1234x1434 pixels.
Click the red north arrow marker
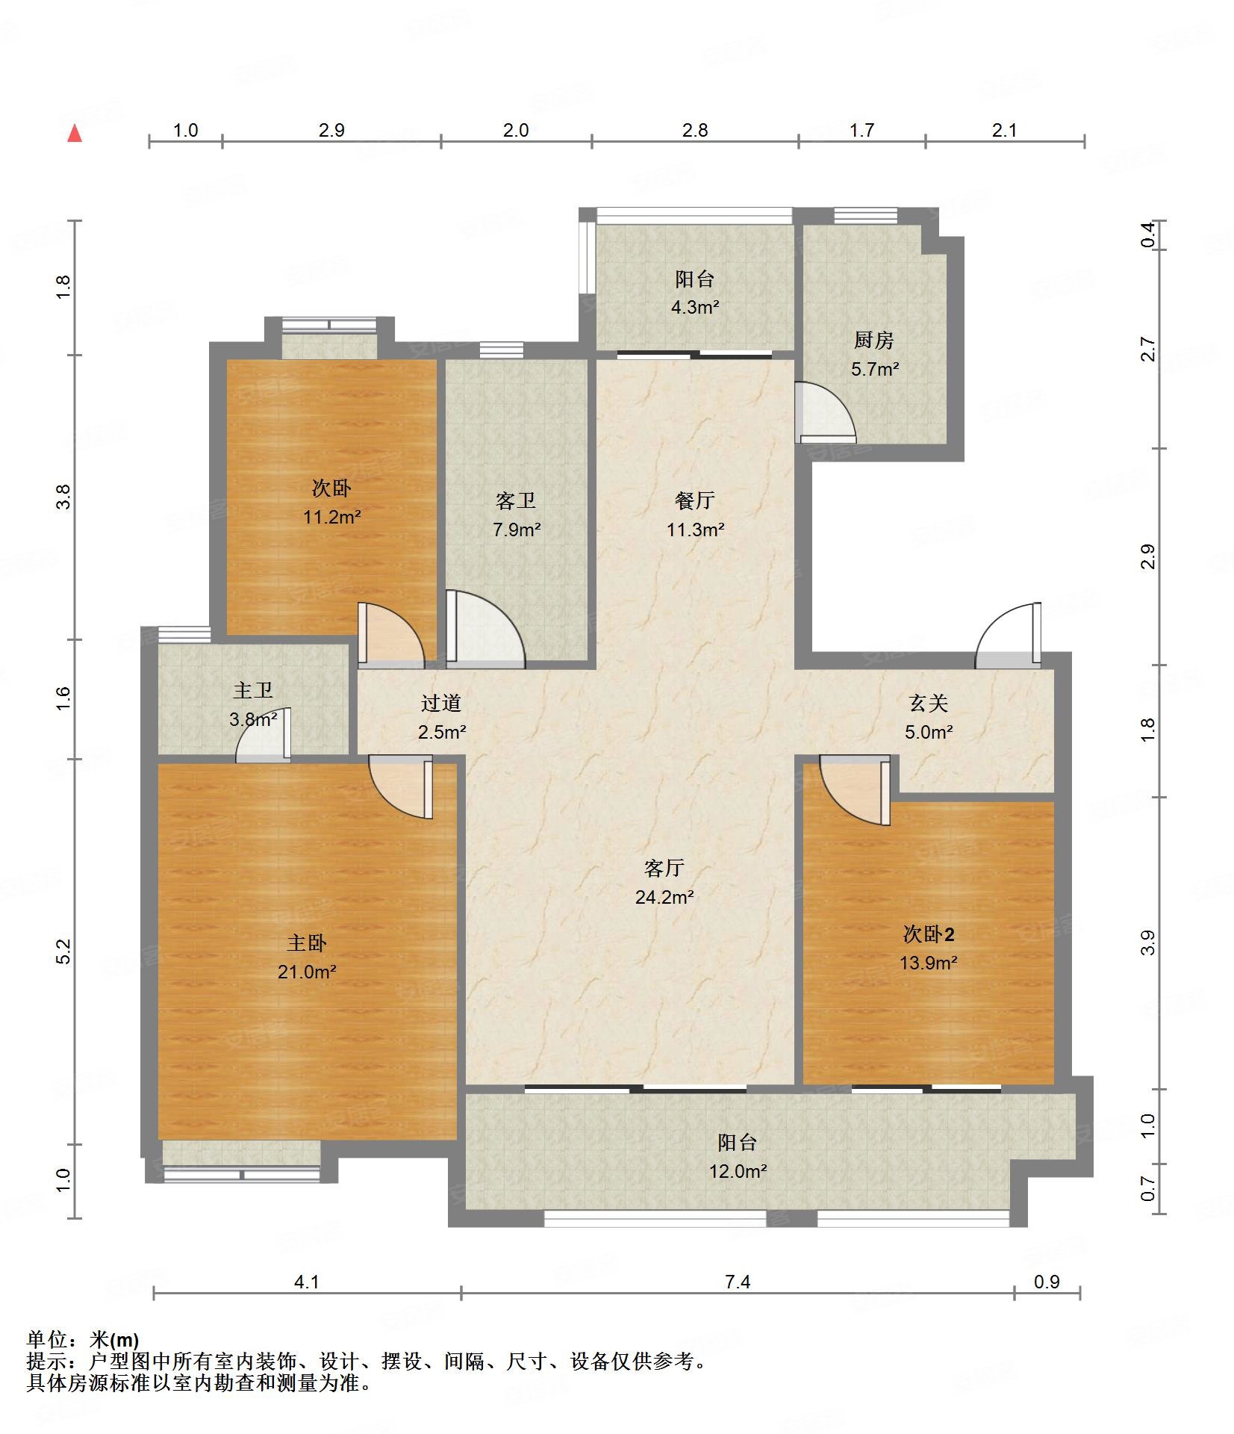75,134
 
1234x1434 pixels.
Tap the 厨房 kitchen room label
873,341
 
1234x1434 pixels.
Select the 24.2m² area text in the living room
664,897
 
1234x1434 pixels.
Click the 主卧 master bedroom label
306,943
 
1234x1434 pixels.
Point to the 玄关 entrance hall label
928,704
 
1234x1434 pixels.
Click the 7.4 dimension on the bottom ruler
737,1282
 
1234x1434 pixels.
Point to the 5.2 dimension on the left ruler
63,951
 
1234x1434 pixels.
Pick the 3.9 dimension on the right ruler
1148,943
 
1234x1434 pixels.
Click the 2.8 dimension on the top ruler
694,131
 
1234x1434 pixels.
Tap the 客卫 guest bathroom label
516,501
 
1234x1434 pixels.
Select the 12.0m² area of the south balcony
738,1171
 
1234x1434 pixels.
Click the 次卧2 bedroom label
928,934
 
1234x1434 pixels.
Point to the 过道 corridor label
440,704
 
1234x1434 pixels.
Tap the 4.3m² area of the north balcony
694,307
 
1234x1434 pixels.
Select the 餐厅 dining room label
694,501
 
